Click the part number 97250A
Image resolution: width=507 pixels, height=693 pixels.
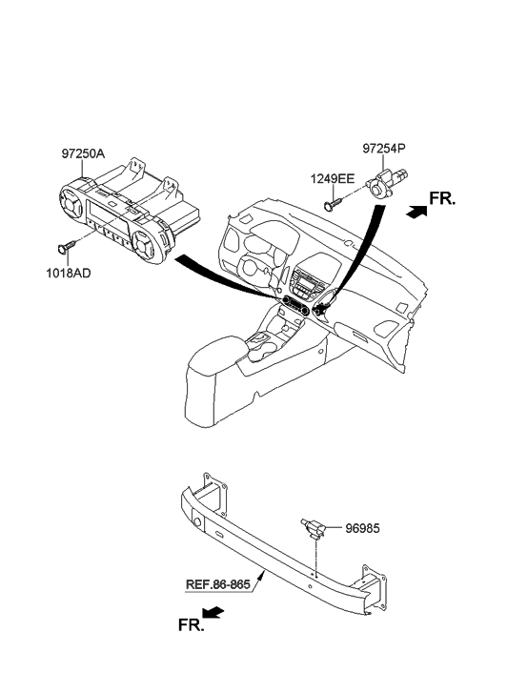click(x=83, y=153)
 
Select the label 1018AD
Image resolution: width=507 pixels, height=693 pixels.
click(x=68, y=274)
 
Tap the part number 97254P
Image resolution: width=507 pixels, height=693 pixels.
click(x=384, y=149)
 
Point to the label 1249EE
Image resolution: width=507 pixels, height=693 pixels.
click(x=332, y=179)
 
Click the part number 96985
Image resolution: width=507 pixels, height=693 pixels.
click(x=362, y=529)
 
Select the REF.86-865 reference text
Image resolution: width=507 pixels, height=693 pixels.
click(x=218, y=584)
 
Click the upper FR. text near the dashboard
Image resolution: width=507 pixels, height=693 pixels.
click(x=442, y=199)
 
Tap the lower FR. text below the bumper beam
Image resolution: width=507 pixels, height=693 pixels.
click(x=192, y=624)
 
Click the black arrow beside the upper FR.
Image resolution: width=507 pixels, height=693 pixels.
click(x=416, y=212)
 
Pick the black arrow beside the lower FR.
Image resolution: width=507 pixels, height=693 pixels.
click(x=213, y=612)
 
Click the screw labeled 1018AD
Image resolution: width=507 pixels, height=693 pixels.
click(x=66, y=247)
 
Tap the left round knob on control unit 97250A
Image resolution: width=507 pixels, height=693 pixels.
click(x=73, y=203)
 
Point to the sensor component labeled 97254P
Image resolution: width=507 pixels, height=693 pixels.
click(x=384, y=183)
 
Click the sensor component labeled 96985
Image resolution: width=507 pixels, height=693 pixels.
click(x=314, y=528)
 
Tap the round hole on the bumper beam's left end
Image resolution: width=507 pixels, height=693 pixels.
click(x=196, y=522)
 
